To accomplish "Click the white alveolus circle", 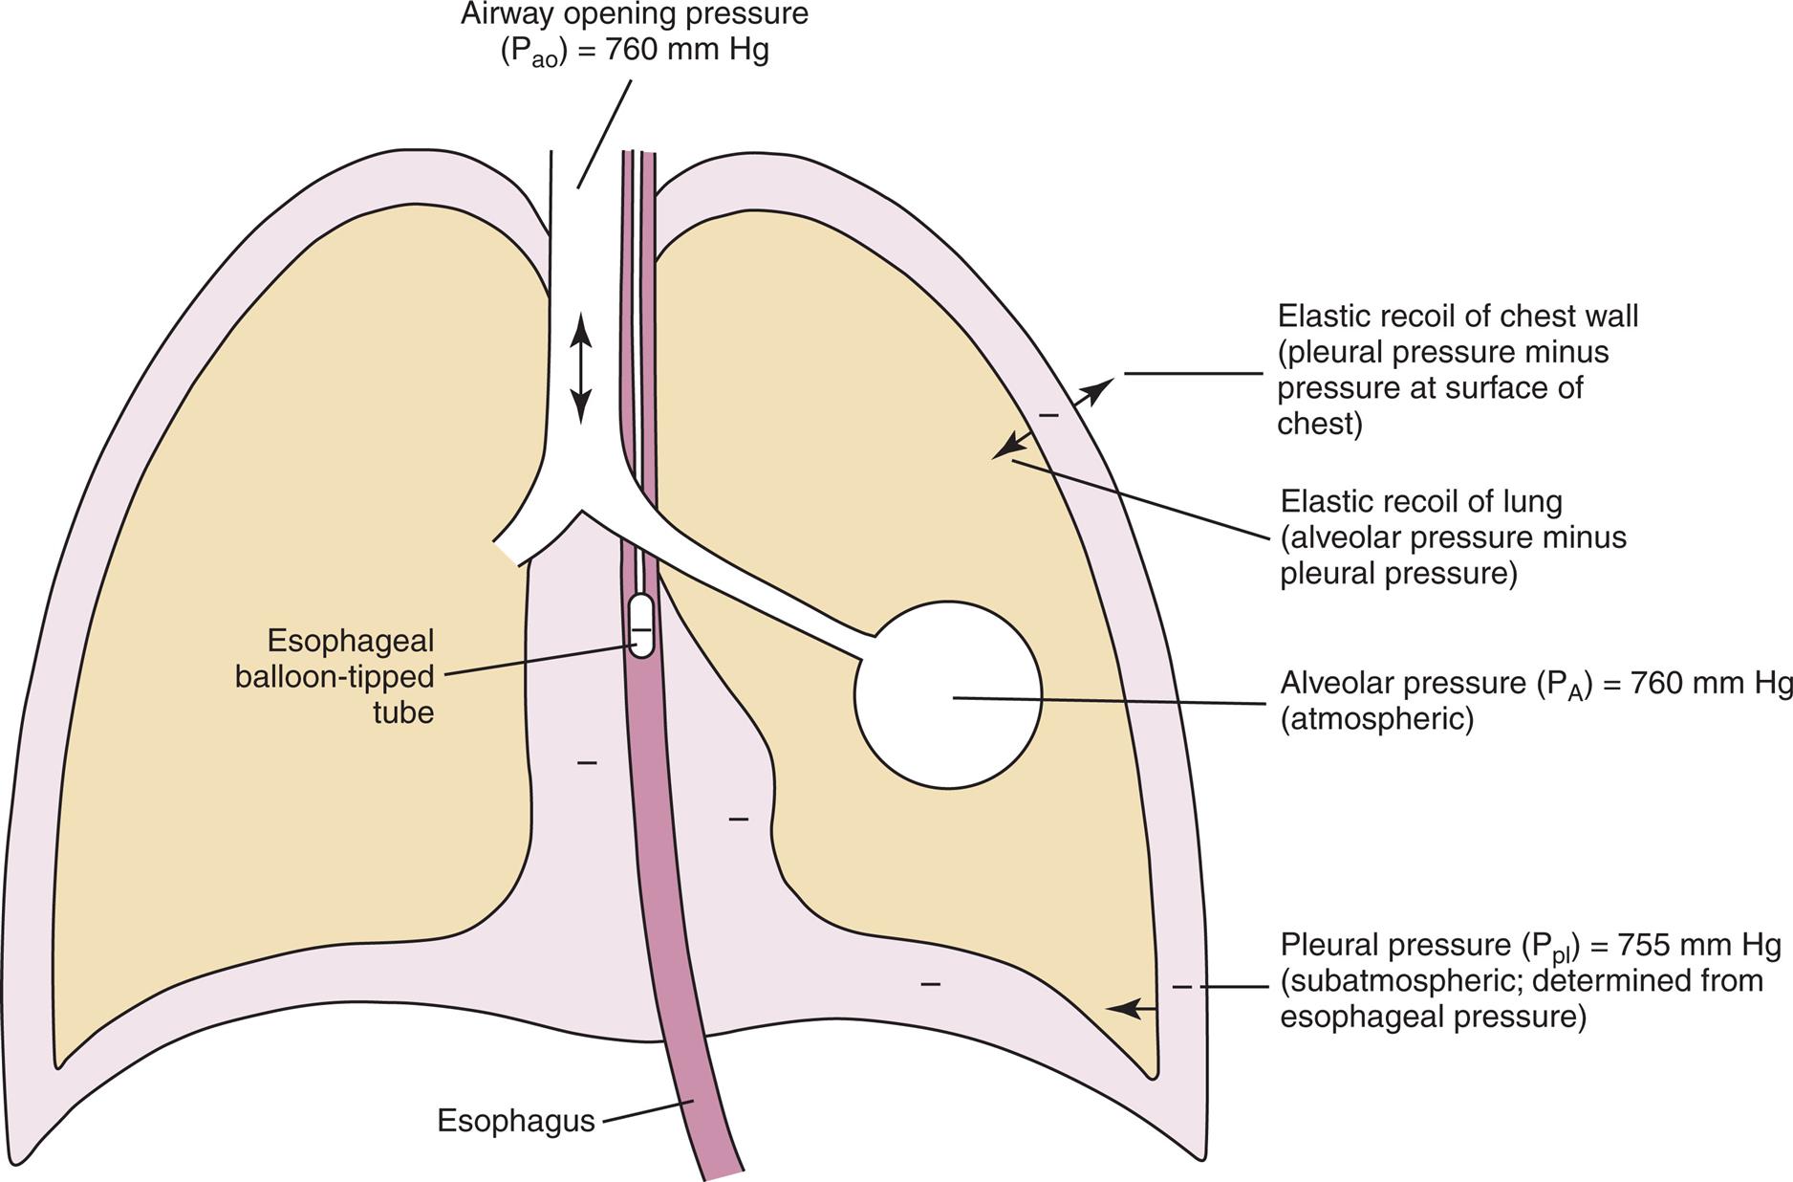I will tap(947, 695).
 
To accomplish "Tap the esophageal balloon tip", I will tap(641, 626).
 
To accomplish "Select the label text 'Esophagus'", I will tap(515, 1121).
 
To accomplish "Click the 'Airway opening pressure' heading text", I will tap(634, 14).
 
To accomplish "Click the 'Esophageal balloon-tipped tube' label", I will tap(335, 676).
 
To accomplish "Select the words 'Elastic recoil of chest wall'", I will tap(1458, 316).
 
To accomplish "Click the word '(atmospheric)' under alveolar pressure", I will tap(1376, 718).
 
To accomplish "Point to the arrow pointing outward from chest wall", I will tap(1094, 392).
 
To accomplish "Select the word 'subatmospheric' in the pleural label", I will tap(1394, 980).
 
